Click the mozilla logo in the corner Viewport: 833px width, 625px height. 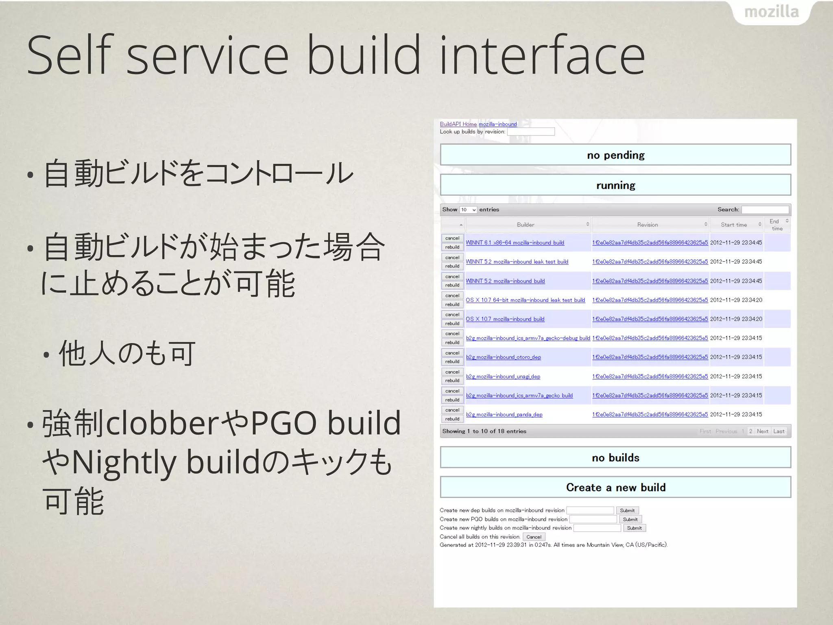[x=771, y=12]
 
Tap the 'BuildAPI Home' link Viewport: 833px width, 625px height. [x=458, y=124]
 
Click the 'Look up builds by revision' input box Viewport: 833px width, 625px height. [x=531, y=131]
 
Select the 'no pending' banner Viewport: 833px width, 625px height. [x=615, y=155]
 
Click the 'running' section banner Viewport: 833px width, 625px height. [x=615, y=185]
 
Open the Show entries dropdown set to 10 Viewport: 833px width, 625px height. [x=468, y=210]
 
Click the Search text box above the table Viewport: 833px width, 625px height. [x=765, y=210]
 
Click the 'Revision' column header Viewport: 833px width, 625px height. [x=648, y=225]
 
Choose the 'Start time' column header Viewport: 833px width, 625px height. [x=734, y=225]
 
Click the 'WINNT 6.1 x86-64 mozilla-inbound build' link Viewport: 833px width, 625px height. [x=515, y=243]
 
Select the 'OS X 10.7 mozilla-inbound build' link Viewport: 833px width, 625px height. [x=505, y=319]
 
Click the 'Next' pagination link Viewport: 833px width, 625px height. [x=762, y=431]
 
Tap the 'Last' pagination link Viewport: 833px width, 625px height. [x=778, y=431]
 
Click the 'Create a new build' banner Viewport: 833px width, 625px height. [x=615, y=487]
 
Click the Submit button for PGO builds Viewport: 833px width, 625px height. [x=630, y=519]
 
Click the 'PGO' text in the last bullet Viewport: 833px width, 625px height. [x=283, y=423]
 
